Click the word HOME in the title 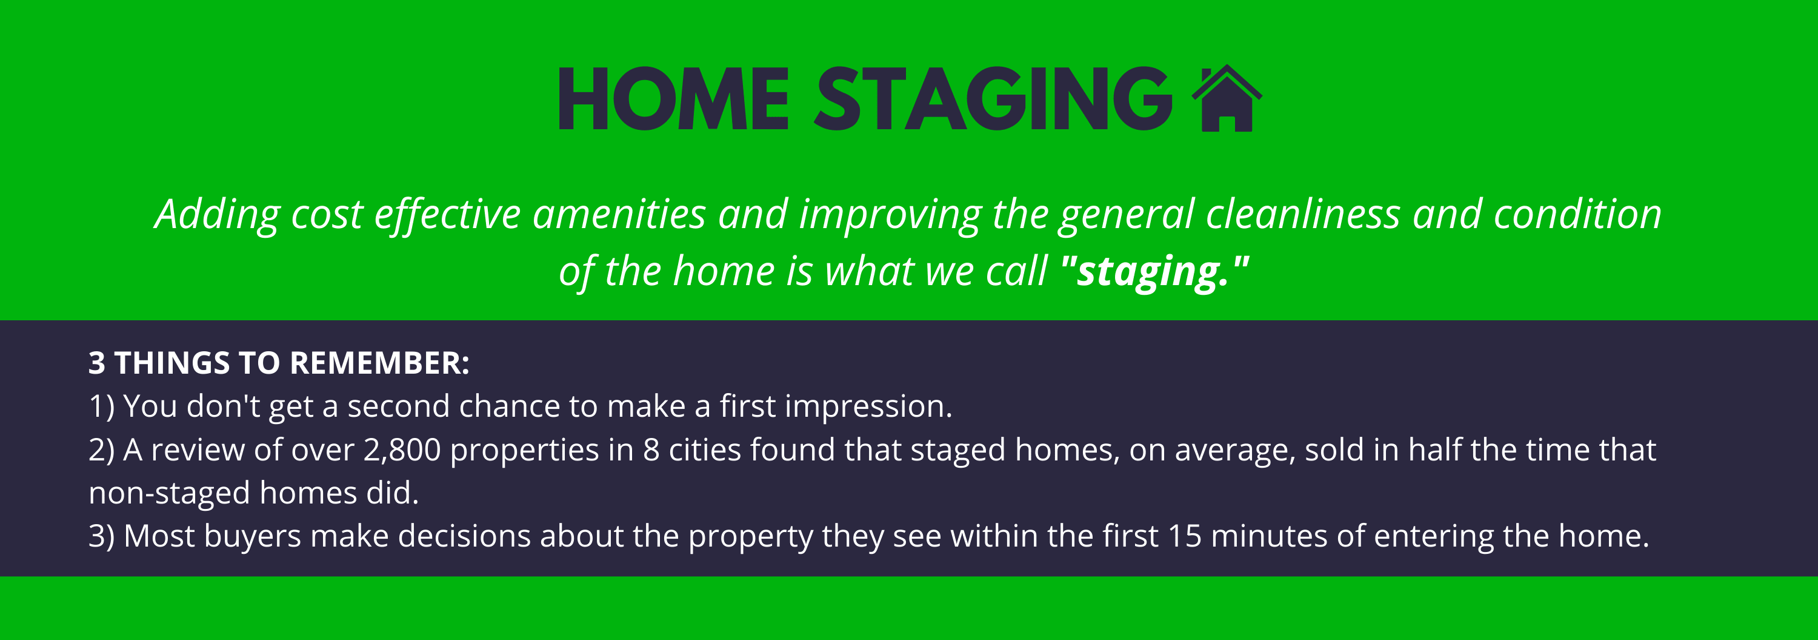point(674,99)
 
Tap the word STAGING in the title point(994,99)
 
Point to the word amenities point(619,214)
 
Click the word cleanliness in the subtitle point(1303,214)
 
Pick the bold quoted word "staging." point(1154,272)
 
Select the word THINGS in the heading point(172,363)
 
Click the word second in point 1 point(398,406)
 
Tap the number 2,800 point(402,450)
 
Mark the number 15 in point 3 point(1184,536)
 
